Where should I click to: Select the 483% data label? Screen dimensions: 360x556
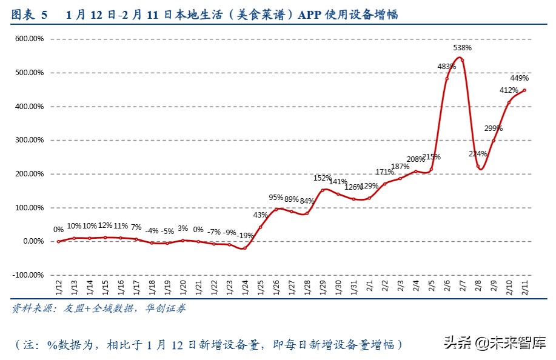(x=447, y=67)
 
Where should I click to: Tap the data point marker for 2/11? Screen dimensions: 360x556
(x=524, y=90)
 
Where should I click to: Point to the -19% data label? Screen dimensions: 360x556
(x=246, y=235)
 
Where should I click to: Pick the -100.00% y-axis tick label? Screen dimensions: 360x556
(x=27, y=275)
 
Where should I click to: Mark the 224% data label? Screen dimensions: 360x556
(x=477, y=154)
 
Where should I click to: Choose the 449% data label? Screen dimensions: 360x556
(x=520, y=78)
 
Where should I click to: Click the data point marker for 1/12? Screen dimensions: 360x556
(x=59, y=241)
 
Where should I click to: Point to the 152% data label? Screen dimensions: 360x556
(x=323, y=178)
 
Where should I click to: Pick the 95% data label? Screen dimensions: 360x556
(x=276, y=198)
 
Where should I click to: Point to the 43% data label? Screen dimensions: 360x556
(x=261, y=215)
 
